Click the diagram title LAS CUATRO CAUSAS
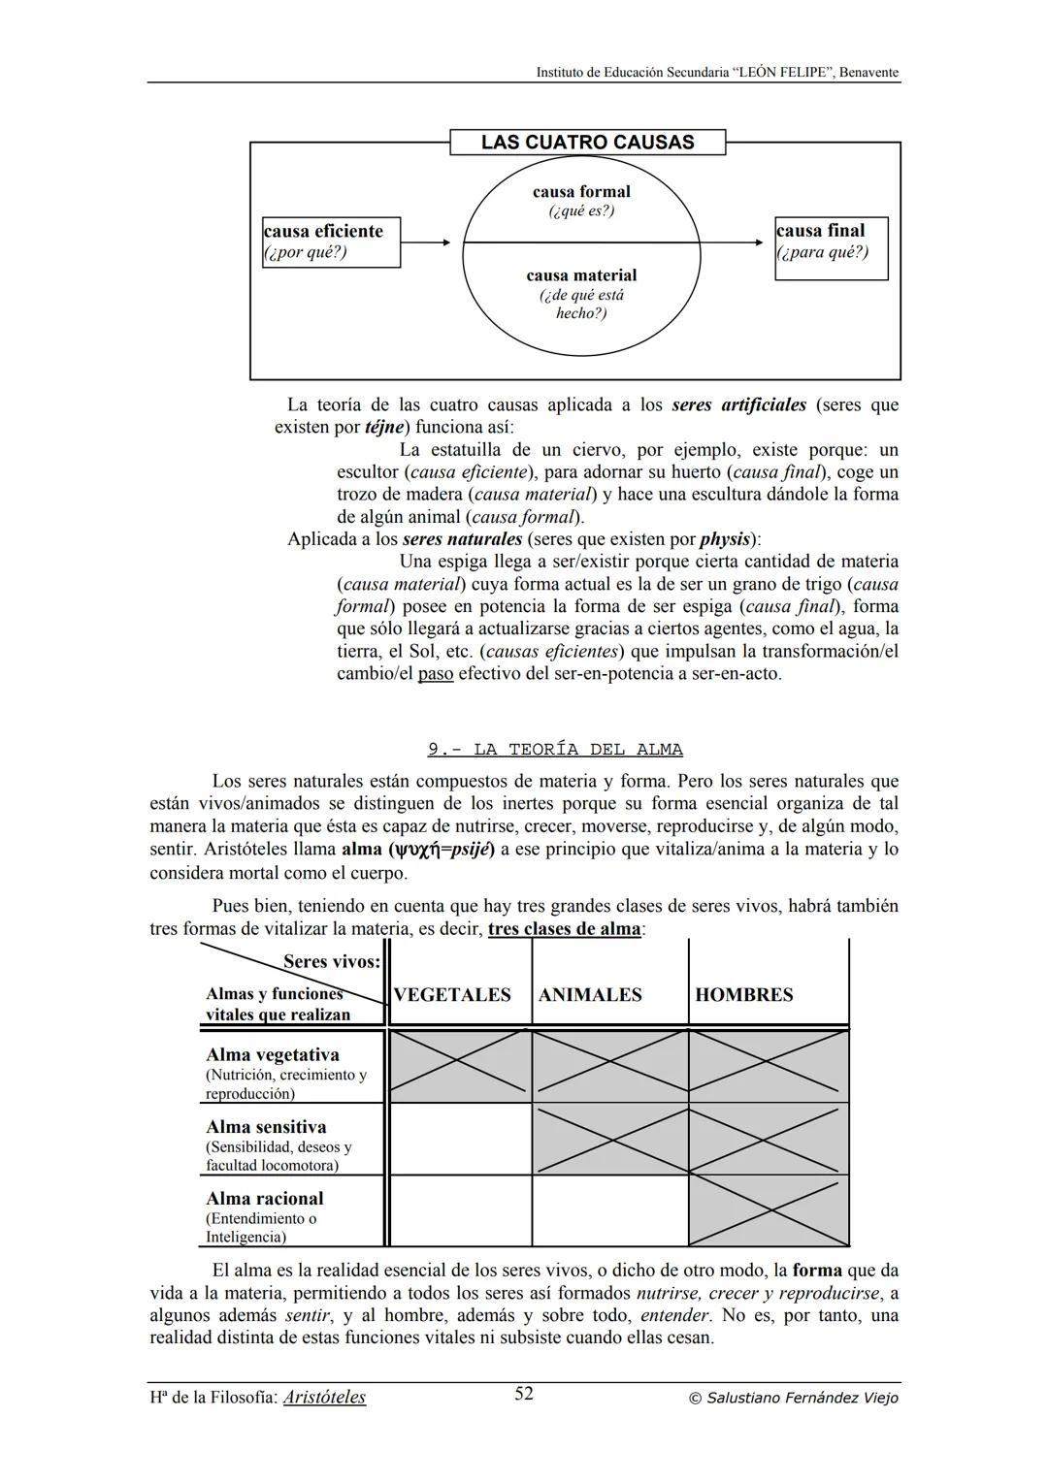(587, 143)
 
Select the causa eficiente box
(331, 242)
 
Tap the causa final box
(831, 248)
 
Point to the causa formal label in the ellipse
(581, 192)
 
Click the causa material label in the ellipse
(581, 275)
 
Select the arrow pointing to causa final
(733, 242)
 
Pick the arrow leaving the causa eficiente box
(426, 242)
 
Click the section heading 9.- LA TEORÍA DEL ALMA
(555, 750)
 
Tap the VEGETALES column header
(452, 995)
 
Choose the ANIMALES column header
(590, 995)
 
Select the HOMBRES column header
(744, 995)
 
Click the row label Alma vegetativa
(273, 1055)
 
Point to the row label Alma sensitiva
(266, 1127)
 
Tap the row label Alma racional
(265, 1199)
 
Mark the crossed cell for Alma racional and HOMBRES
(769, 1210)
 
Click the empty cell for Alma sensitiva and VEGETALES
(460, 1139)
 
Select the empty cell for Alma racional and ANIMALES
(610, 1210)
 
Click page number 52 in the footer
(524, 1394)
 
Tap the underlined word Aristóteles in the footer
(324, 1398)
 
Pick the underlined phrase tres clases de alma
(565, 929)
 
